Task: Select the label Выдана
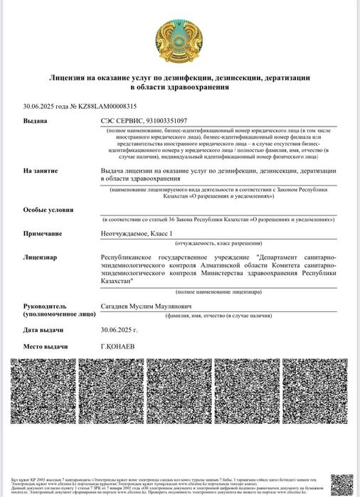click(x=35, y=121)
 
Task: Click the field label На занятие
click(x=41, y=171)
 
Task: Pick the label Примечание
click(x=43, y=233)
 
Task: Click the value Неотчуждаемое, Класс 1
click(x=137, y=233)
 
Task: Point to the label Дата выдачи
click(x=43, y=330)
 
